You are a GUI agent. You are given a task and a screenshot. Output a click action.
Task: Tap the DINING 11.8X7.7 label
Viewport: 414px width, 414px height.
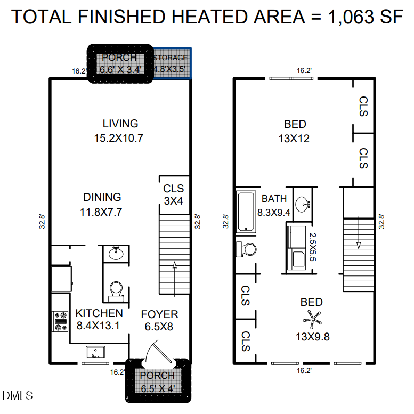[101, 204]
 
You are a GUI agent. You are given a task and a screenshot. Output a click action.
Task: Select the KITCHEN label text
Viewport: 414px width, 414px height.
[99, 313]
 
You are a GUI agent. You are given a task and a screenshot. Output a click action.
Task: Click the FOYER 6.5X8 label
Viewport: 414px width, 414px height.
[160, 320]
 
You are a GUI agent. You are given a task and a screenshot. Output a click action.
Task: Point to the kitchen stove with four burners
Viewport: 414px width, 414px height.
[61, 321]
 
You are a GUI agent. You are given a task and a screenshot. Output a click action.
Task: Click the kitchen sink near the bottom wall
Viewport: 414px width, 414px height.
[96, 352]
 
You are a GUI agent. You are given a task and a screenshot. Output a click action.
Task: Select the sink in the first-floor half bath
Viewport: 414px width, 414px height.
[116, 254]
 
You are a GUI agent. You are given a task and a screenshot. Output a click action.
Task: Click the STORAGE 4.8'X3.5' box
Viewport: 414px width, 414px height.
[171, 63]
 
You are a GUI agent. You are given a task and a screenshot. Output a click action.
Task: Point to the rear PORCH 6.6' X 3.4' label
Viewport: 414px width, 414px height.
[119, 63]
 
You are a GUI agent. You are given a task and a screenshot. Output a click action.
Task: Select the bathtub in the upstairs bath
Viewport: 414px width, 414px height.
[246, 212]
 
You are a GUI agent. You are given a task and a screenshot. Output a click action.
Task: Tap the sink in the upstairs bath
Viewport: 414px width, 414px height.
[304, 203]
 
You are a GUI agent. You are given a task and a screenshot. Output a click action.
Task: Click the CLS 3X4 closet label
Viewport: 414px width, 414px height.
[173, 194]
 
